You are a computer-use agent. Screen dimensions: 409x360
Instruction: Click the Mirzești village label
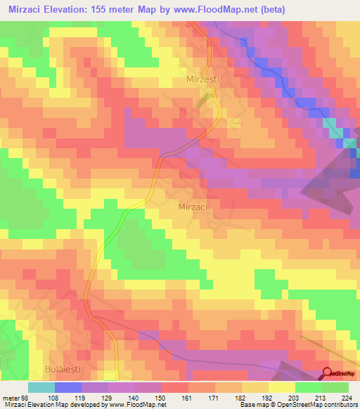pyautogui.click(x=202, y=81)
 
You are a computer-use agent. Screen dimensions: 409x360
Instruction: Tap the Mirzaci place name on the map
pyautogui.click(x=192, y=208)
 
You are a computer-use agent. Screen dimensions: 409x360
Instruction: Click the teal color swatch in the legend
pyautogui.click(x=41, y=387)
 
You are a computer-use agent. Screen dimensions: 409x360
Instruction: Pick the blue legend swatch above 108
pyautogui.click(x=68, y=387)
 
